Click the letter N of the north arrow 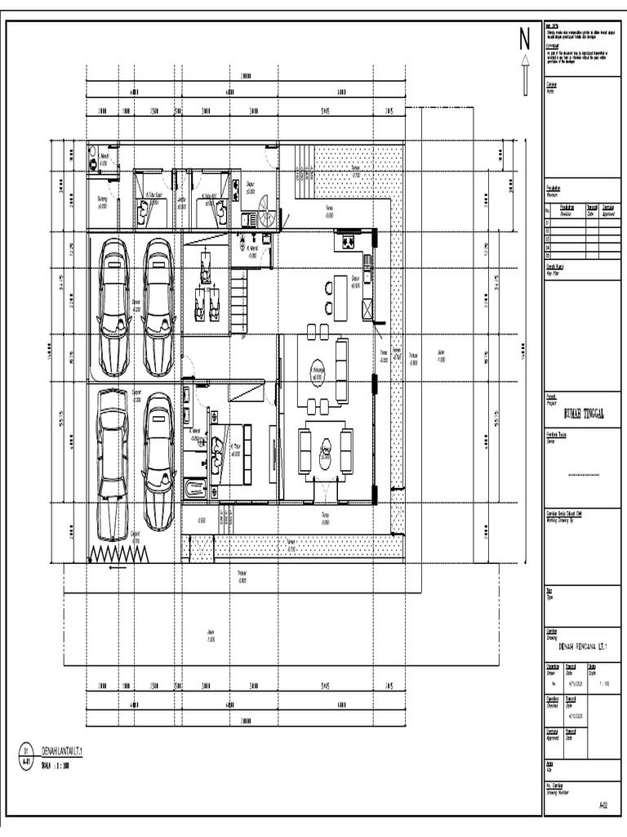[x=524, y=39]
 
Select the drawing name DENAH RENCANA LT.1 [x=581, y=645]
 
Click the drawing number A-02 [x=603, y=805]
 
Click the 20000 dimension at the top [x=246, y=75]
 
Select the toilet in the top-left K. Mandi [x=95, y=163]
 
